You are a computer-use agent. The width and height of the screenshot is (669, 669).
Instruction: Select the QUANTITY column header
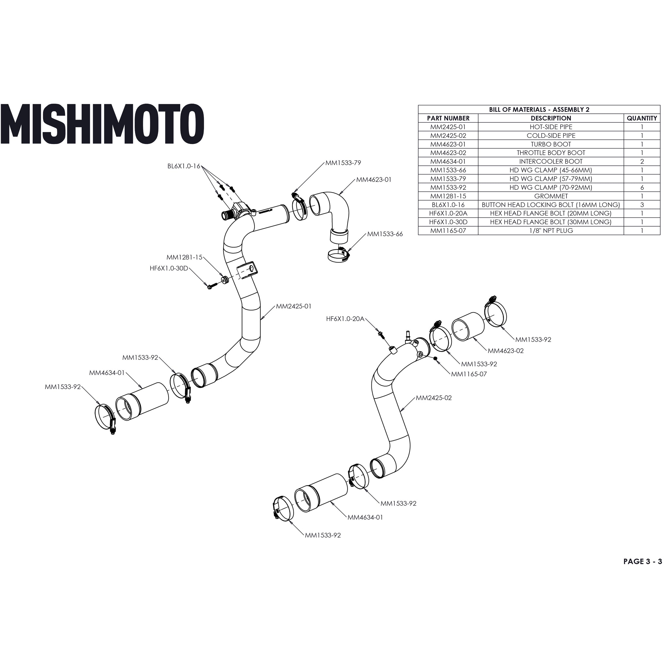point(642,118)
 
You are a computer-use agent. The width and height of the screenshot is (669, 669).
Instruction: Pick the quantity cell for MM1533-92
point(642,187)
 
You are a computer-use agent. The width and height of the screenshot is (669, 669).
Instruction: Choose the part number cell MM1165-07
point(448,231)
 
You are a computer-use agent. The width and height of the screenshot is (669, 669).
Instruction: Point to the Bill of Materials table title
point(539,109)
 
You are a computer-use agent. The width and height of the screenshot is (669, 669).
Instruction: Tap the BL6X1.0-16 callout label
point(184,166)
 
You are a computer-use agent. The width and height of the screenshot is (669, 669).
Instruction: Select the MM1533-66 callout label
point(385,234)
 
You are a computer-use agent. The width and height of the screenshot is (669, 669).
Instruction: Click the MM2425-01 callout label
point(294,306)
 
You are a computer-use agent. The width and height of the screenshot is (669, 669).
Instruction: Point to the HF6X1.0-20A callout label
point(345,318)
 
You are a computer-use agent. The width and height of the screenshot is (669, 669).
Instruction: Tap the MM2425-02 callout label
point(433,398)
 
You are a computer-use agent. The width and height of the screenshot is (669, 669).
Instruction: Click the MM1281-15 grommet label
point(184,258)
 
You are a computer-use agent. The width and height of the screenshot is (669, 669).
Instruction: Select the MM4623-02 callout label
point(506,351)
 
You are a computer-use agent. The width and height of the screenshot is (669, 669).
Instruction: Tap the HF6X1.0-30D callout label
point(169,269)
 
